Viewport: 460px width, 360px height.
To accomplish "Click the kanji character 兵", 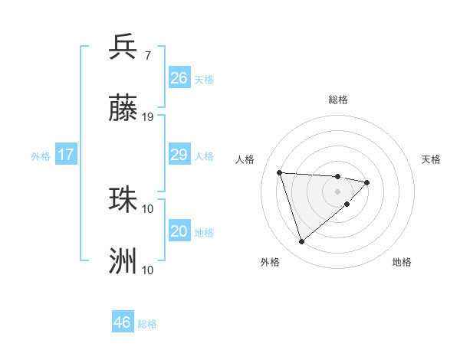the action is click(x=123, y=47).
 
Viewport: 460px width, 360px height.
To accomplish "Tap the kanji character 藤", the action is click(x=123, y=109).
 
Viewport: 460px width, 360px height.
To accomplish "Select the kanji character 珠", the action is click(x=123, y=200).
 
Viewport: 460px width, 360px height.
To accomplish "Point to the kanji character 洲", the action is click(x=123, y=261).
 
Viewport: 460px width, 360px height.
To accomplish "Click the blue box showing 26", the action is click(x=179, y=78).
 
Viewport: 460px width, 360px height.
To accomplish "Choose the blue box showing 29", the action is click(x=179, y=155).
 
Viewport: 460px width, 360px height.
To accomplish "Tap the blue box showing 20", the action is click(x=179, y=231).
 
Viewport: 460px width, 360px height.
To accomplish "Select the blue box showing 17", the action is click(x=66, y=155).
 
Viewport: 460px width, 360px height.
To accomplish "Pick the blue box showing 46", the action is click(x=123, y=322).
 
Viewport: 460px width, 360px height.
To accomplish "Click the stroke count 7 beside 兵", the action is click(x=147, y=55).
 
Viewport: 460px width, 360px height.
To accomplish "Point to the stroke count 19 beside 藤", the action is click(x=148, y=117).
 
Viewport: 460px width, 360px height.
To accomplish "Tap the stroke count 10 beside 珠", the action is click(x=148, y=208).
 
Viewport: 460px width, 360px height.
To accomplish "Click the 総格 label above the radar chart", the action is click(x=338, y=100).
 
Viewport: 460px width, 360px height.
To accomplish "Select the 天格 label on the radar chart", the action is click(x=432, y=159).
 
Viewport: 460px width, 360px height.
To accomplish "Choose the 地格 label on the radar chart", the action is click(x=402, y=263).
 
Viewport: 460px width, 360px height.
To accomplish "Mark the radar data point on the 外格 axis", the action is click(x=301, y=242).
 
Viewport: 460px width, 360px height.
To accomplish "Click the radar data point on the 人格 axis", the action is click(x=280, y=172).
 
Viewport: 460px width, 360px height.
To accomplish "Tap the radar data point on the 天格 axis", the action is click(x=367, y=182).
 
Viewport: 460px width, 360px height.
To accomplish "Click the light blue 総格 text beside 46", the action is click(x=147, y=324).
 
